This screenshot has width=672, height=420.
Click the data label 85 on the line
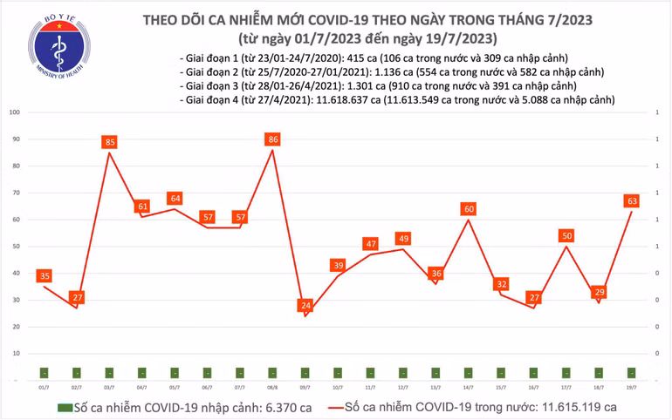[x=109, y=142]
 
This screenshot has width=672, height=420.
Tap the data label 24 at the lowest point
[x=305, y=305]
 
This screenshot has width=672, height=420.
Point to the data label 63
[x=630, y=200]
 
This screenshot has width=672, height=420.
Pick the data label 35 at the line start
[x=45, y=276]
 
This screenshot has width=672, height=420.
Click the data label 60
[x=469, y=209]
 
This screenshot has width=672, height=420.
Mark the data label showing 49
[x=403, y=239]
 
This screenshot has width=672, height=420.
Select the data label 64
[x=175, y=198]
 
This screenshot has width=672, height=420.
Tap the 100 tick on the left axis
[x=15, y=112]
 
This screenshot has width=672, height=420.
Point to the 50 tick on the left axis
[x=17, y=247]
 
